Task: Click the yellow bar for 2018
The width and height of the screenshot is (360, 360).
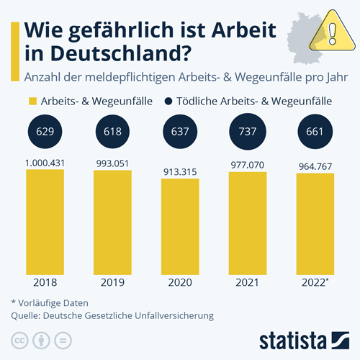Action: coord(45,220)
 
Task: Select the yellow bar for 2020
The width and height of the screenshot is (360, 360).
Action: coord(180,226)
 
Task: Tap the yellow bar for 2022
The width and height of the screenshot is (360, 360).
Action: coord(315,223)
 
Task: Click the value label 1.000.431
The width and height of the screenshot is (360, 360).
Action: coord(45,163)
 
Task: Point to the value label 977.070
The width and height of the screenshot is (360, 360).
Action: coord(248,165)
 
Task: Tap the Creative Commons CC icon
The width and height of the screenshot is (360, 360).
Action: coord(19,339)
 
